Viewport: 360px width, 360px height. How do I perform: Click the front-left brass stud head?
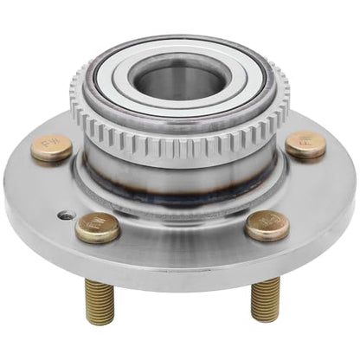(x=97, y=227)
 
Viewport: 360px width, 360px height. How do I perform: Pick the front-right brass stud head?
(x=267, y=225)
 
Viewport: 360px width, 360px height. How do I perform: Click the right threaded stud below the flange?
(x=264, y=299)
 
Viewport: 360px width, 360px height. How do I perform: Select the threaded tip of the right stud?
(x=264, y=316)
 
